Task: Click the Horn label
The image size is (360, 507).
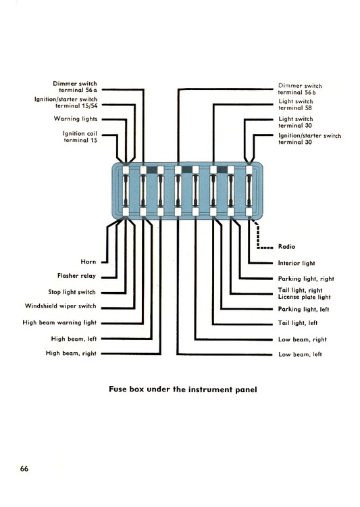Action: click(88, 262)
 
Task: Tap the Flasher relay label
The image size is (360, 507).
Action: click(76, 276)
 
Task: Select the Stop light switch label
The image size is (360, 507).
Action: click(72, 292)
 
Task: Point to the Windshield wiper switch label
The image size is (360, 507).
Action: click(60, 306)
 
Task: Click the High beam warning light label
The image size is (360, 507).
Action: click(59, 322)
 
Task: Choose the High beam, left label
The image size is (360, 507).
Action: click(74, 339)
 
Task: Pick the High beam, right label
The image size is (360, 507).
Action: click(71, 353)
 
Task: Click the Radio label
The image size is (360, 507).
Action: click(286, 246)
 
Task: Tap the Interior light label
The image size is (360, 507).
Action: click(297, 263)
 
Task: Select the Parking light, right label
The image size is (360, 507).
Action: click(306, 279)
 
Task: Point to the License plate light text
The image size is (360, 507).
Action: click(305, 297)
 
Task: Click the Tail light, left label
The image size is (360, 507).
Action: click(298, 322)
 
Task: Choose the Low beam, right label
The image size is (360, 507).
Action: click(302, 339)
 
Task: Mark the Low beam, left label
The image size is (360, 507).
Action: click(300, 354)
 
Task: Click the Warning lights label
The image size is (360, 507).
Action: click(76, 119)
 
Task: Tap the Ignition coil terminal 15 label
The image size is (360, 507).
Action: click(80, 137)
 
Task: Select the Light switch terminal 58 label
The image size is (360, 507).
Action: click(296, 104)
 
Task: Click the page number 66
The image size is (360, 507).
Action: click(24, 468)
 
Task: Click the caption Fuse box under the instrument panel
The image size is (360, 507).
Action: click(183, 389)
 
